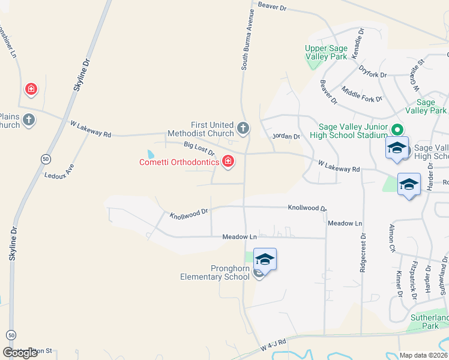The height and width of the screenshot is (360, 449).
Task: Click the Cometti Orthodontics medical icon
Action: [x=228, y=161]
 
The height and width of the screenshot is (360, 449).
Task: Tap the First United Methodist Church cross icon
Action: [x=243, y=128]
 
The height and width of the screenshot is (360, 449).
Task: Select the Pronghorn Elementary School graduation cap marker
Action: [x=265, y=260]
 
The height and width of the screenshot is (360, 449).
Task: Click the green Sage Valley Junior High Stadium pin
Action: [x=397, y=129]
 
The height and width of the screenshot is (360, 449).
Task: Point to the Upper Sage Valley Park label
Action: [x=326, y=53]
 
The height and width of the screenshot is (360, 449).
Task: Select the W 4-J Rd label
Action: [x=274, y=347]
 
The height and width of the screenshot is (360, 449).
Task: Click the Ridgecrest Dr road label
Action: [x=363, y=252]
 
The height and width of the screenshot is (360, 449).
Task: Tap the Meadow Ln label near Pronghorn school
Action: [x=240, y=237]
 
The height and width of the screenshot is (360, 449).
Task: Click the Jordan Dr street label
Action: [x=286, y=137]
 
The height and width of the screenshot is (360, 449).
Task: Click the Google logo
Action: [x=20, y=353]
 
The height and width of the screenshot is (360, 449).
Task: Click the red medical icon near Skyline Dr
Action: [x=31, y=90]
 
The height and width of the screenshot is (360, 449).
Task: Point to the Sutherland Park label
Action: [x=429, y=322]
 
